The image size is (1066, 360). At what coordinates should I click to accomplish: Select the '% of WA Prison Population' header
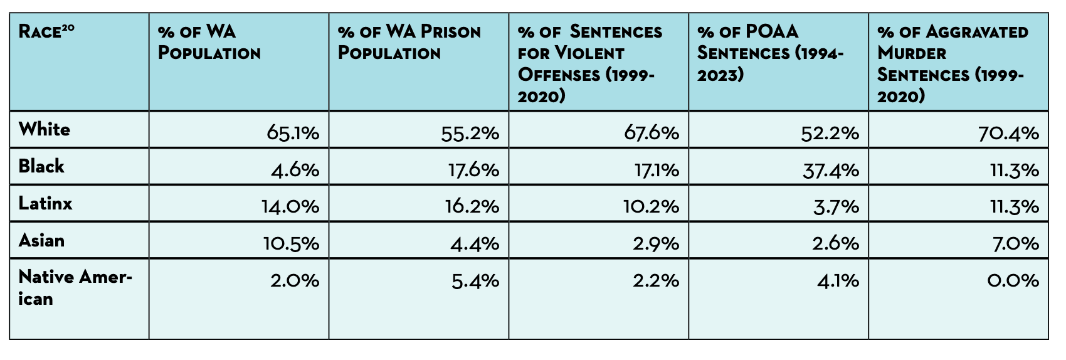(x=409, y=42)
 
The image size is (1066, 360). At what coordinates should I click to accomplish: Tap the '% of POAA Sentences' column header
(x=770, y=53)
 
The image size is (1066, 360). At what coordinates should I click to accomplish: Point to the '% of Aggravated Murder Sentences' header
(x=952, y=63)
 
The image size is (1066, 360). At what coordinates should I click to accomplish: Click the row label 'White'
(x=45, y=130)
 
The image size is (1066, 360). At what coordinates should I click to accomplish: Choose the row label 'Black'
(x=41, y=166)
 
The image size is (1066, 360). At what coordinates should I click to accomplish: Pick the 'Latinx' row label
(x=45, y=203)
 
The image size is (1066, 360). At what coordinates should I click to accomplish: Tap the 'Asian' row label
(x=41, y=240)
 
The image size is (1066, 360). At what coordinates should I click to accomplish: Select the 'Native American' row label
(x=75, y=287)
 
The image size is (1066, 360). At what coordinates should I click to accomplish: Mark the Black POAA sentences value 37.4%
(x=831, y=170)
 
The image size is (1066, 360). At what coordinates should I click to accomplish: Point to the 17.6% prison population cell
(x=473, y=170)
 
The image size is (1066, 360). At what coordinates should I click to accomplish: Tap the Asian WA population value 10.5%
(x=291, y=243)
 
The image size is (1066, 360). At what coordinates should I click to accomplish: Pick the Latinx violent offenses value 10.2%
(x=651, y=206)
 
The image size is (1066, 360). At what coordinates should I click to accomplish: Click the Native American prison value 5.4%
(x=475, y=280)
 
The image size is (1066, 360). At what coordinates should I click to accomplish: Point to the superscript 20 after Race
(x=68, y=27)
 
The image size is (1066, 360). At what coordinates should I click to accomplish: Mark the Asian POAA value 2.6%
(x=835, y=243)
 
